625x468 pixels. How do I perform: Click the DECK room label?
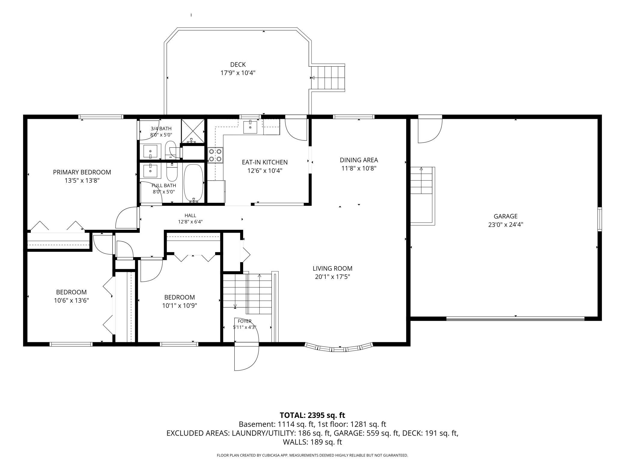click(238, 64)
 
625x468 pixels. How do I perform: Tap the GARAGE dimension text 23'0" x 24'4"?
click(506, 225)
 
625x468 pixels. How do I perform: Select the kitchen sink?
click(250, 127)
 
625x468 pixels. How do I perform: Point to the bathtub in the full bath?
click(194, 183)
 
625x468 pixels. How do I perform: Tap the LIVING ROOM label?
click(332, 268)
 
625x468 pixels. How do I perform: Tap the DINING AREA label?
click(359, 160)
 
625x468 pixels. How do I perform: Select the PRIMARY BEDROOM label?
click(82, 172)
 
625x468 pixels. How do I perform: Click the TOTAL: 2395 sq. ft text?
click(312, 415)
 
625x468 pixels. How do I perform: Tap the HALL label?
click(190, 215)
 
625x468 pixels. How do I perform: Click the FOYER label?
click(245, 321)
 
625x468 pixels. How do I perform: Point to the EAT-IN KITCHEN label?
click(265, 162)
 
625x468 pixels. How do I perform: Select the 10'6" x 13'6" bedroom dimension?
click(72, 301)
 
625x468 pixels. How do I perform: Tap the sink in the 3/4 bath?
click(150, 151)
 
